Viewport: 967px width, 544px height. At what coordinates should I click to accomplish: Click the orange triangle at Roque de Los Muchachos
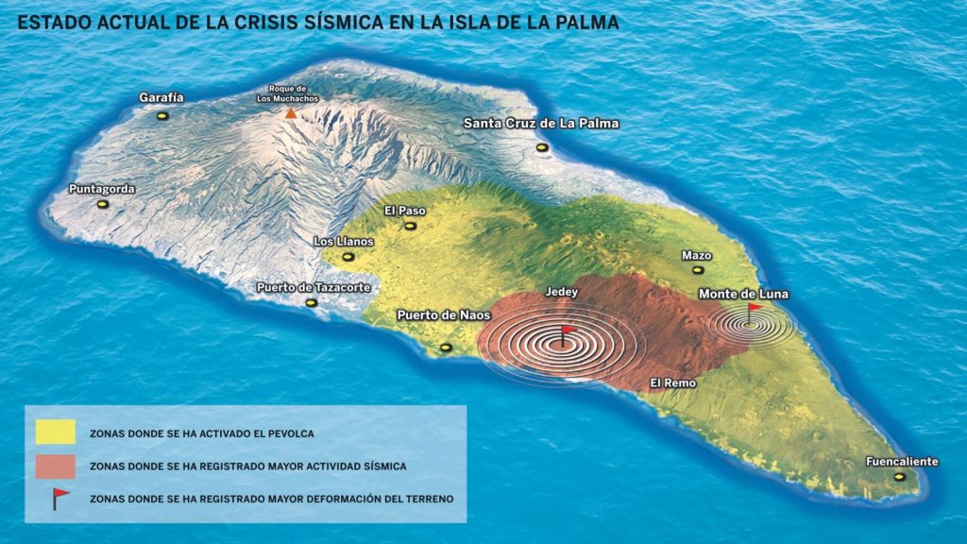pos(291,113)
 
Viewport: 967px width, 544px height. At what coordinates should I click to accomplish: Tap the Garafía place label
pos(161,97)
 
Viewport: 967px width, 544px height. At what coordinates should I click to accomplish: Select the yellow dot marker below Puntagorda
pos(103,204)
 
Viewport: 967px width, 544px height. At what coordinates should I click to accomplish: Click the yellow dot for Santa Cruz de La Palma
pos(542,147)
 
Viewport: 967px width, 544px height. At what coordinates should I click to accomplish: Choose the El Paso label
pos(405,211)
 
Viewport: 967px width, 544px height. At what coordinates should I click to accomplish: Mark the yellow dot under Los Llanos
pos(348,257)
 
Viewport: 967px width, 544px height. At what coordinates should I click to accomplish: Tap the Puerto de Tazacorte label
pos(314,287)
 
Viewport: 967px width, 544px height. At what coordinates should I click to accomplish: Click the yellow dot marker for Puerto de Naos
pos(446,348)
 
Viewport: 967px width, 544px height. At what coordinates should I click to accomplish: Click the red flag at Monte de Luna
pos(754,308)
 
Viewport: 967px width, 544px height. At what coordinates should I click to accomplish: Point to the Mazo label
pos(696,256)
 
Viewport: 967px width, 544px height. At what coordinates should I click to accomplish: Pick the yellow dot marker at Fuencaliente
pos(899,477)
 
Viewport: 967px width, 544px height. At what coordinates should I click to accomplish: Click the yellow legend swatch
pos(55,433)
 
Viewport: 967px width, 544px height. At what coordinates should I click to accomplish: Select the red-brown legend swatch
pos(55,466)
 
